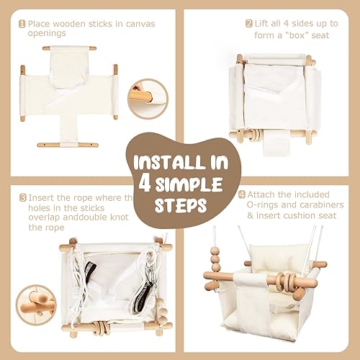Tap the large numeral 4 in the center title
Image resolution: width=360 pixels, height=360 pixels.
click(145, 181)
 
